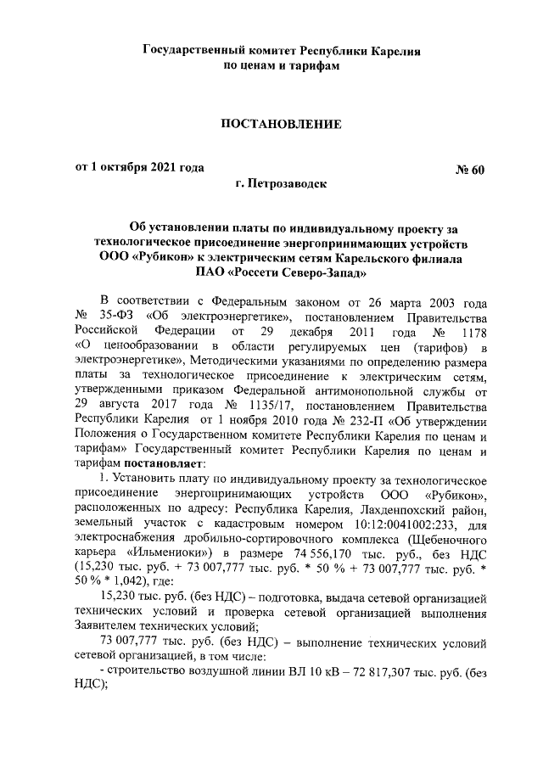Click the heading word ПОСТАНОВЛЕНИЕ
click(x=281, y=125)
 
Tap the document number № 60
click(x=469, y=169)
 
